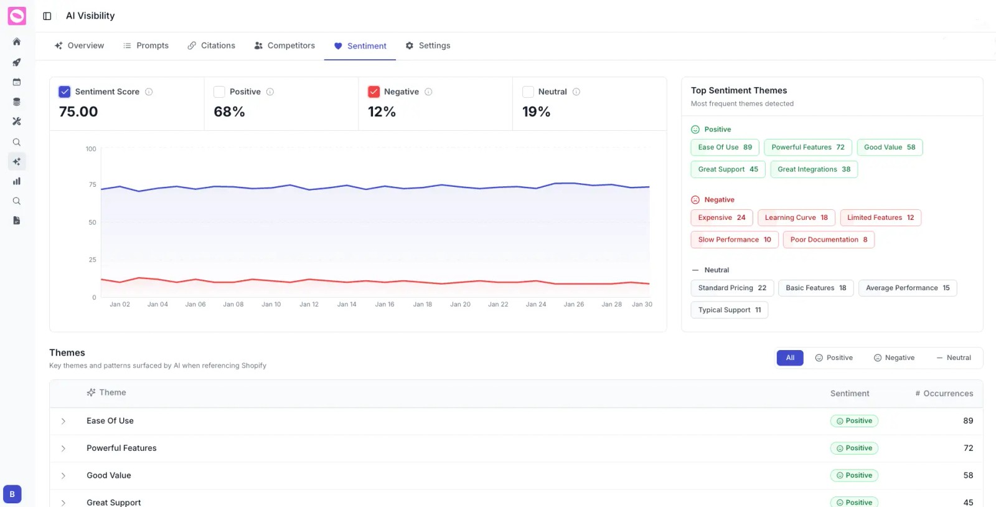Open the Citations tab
click(x=212, y=45)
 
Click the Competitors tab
click(x=284, y=45)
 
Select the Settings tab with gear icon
click(x=428, y=45)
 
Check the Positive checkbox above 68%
click(x=219, y=92)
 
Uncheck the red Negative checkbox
click(x=374, y=92)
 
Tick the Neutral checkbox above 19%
click(x=528, y=92)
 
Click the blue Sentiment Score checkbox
click(x=65, y=92)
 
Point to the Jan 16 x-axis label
click(x=385, y=305)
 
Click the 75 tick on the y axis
click(x=92, y=185)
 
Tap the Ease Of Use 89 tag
click(x=725, y=148)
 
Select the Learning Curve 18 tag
click(x=796, y=218)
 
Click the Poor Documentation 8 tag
click(x=828, y=240)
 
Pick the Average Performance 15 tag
click(x=907, y=288)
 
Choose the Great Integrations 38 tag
click(x=813, y=169)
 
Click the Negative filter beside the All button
click(x=894, y=358)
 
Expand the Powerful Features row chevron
click(x=63, y=448)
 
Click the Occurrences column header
click(x=944, y=394)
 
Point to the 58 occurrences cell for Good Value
click(x=968, y=475)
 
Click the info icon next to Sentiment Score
click(x=149, y=92)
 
